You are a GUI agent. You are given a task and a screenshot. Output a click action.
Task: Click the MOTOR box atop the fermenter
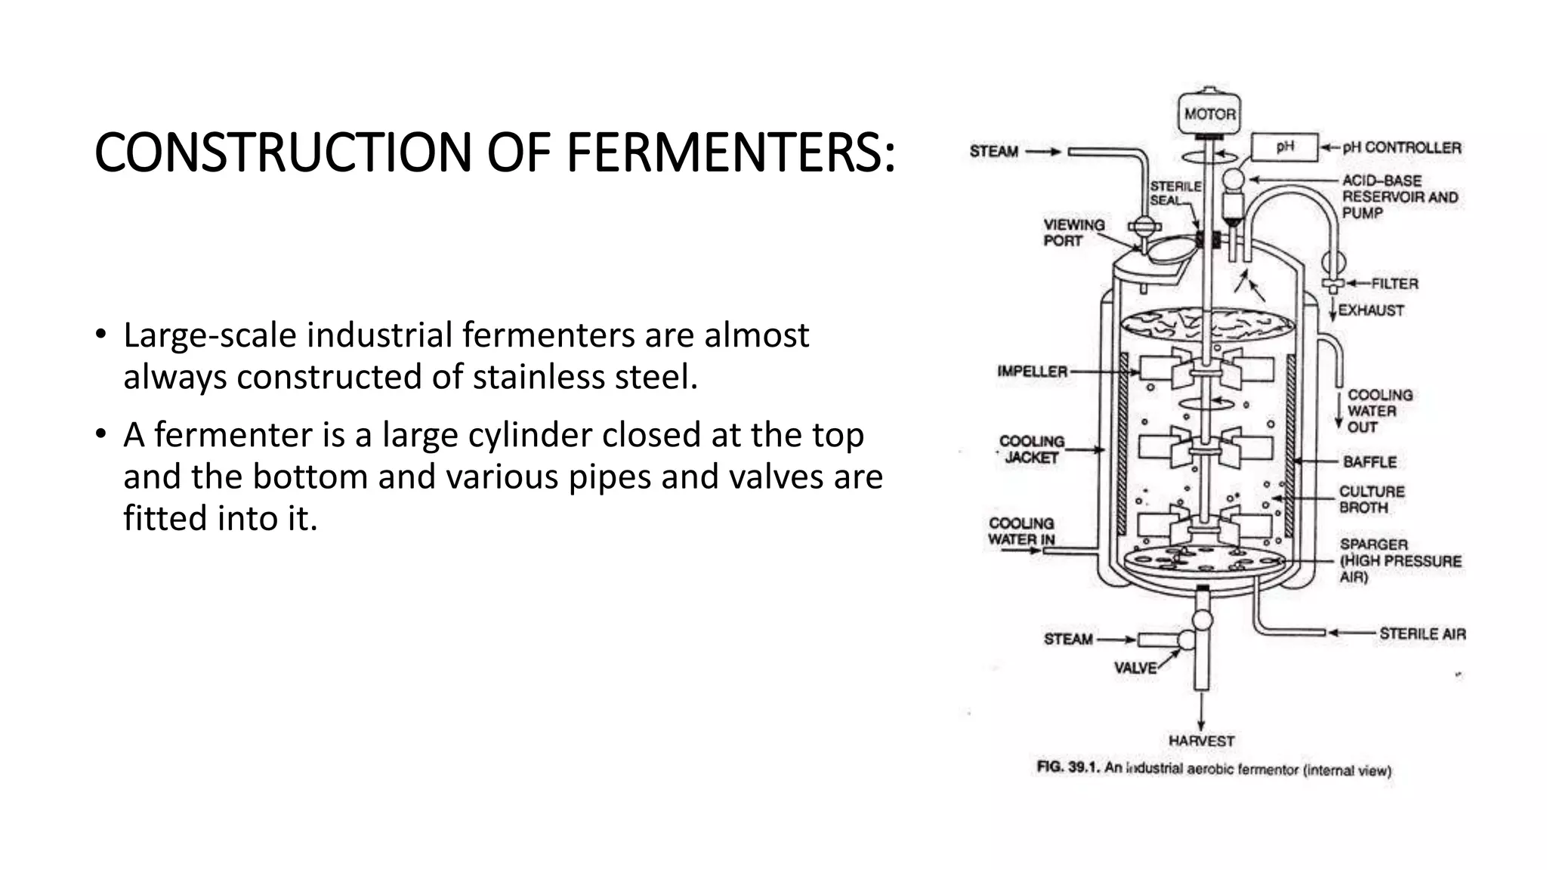1209,114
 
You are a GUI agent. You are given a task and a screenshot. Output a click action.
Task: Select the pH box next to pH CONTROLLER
1284,147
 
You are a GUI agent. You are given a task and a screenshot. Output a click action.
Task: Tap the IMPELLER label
1032,372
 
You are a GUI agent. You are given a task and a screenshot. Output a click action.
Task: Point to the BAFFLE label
1369,461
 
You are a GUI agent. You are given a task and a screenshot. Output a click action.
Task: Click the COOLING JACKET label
1031,449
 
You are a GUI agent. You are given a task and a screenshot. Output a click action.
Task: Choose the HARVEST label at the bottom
1201,741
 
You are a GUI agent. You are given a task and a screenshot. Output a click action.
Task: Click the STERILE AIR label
1422,634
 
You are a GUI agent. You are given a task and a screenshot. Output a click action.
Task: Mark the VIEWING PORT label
1073,233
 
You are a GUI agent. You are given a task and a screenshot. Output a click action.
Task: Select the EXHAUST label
1370,310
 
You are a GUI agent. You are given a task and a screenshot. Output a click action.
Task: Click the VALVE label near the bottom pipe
1135,668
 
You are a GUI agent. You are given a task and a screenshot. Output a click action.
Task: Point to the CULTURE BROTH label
1371,499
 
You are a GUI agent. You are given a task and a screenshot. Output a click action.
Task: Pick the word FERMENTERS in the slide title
730,153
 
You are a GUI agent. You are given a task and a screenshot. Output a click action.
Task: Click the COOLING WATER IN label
1021,531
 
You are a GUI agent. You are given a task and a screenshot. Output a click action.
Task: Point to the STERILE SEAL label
1175,193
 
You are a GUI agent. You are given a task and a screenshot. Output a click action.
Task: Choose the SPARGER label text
1373,545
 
